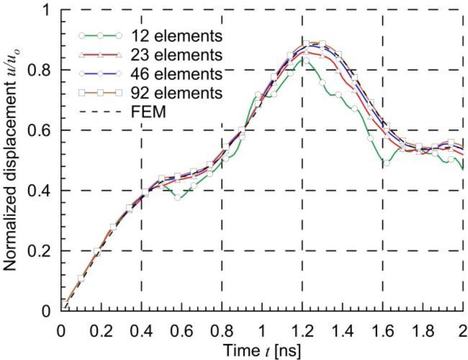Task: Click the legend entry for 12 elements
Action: pyautogui.click(x=176, y=36)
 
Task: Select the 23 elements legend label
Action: pyautogui.click(x=176, y=54)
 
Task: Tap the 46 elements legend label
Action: pyautogui.click(x=176, y=73)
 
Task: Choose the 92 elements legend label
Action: pyautogui.click(x=176, y=92)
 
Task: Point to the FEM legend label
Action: pyautogui.click(x=148, y=112)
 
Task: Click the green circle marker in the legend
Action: pyautogui.click(x=99, y=36)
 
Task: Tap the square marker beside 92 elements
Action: pyautogui.click(x=99, y=93)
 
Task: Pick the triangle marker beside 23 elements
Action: pyautogui.click(x=99, y=54)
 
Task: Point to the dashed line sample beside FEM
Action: pyautogui.click(x=99, y=112)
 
